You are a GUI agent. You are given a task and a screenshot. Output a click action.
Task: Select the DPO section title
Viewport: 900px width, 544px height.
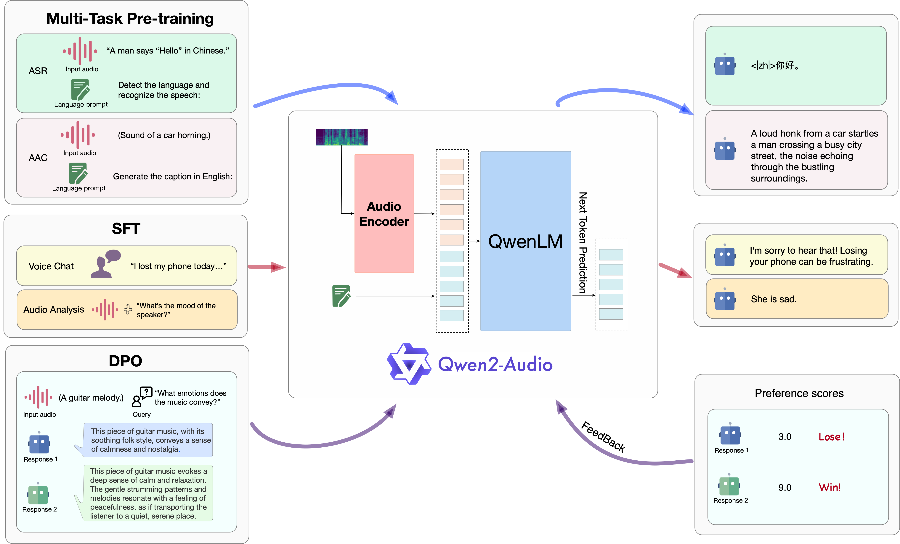(x=125, y=361)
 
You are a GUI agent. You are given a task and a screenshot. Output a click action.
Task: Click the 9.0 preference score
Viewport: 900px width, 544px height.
(x=785, y=488)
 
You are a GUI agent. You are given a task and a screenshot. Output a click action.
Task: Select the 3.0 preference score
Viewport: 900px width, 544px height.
(x=785, y=437)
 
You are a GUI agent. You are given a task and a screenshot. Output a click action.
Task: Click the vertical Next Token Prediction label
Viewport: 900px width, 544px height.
(x=583, y=243)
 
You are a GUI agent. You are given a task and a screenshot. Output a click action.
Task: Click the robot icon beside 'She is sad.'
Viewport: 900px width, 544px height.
(x=725, y=299)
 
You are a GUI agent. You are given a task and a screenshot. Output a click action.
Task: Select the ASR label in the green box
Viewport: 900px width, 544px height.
(x=38, y=71)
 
